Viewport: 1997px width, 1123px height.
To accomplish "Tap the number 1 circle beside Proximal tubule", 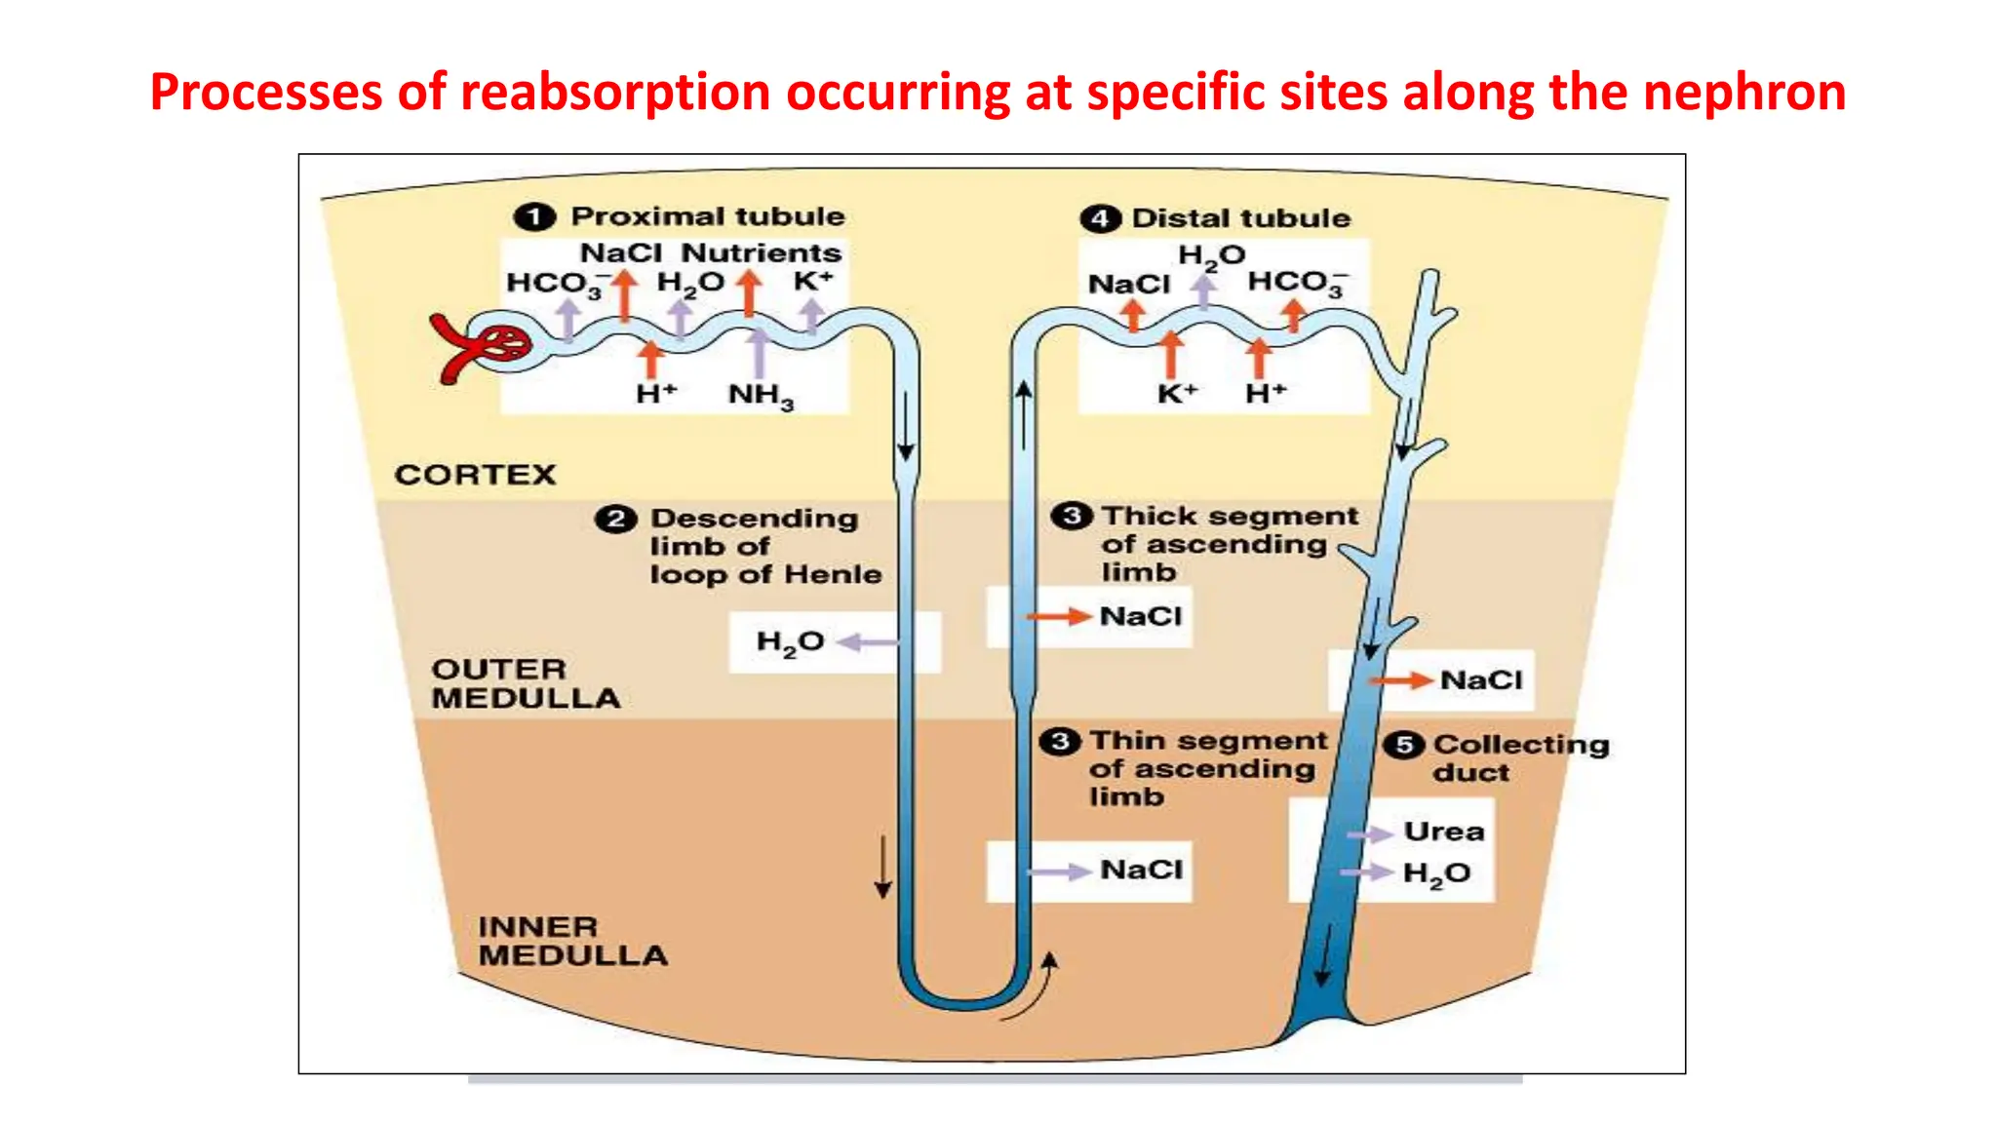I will pos(534,216).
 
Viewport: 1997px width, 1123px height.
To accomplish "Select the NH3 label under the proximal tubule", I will pos(761,395).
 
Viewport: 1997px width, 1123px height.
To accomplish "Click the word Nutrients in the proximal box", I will pos(761,252).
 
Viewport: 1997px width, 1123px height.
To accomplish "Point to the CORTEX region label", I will pos(475,475).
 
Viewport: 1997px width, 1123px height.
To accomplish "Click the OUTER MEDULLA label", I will pos(526,683).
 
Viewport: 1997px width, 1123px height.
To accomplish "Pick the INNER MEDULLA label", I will pos(572,941).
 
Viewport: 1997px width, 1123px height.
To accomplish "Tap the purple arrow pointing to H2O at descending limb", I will pos(868,642).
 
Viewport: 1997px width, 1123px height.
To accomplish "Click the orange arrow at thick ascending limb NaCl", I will pos(1057,616).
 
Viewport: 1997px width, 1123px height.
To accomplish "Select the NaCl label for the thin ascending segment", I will pos(1141,870).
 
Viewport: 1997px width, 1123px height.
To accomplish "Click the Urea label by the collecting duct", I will pos(1443,832).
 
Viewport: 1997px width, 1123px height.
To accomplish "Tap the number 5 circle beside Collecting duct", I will pos(1404,746).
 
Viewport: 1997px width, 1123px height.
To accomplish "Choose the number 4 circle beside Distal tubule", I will pos(1100,218).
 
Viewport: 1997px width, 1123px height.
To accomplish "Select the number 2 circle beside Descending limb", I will pos(615,519).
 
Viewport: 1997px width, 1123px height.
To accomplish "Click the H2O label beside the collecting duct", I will pos(1435,873).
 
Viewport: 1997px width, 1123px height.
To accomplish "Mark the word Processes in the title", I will pos(265,93).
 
